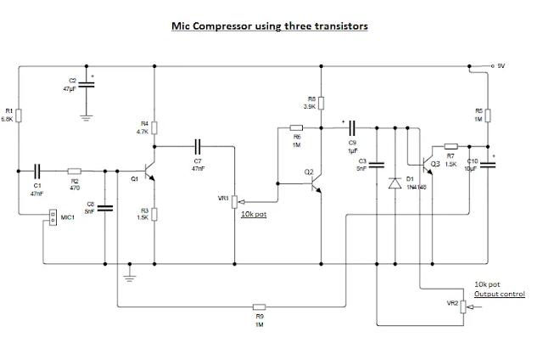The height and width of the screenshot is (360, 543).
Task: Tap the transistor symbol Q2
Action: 316,177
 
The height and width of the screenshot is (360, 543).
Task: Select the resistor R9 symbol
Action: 260,307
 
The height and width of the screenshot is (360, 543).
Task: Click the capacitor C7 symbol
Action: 198,145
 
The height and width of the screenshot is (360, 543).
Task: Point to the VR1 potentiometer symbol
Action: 234,201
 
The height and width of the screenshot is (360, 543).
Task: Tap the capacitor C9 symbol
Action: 348,128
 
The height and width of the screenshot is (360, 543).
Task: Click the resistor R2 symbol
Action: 74,170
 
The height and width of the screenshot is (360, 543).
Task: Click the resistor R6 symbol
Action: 297,128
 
